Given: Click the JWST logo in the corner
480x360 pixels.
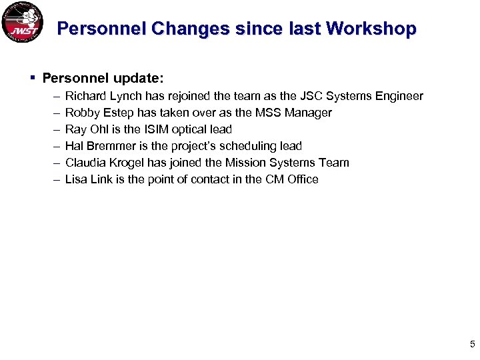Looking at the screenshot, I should click(x=23, y=23).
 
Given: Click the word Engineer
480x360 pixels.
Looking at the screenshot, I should click(x=399, y=97).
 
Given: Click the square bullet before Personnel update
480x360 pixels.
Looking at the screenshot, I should click(x=33, y=78).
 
